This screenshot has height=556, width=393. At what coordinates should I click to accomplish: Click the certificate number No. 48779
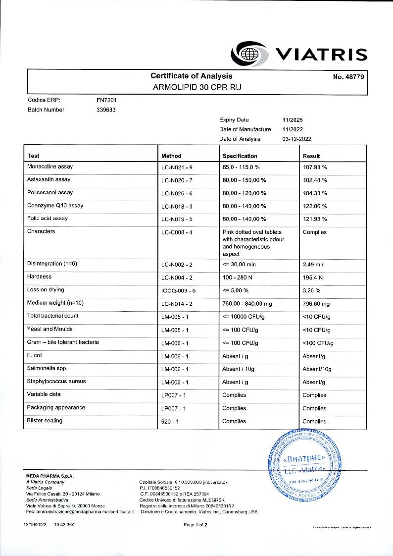click(x=349, y=77)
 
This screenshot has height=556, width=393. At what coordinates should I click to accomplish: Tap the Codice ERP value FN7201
click(x=106, y=100)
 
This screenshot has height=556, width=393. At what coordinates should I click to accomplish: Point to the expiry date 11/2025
click(x=293, y=120)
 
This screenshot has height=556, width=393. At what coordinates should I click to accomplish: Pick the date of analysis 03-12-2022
click(x=297, y=139)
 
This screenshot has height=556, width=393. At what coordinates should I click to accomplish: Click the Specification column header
click(x=240, y=156)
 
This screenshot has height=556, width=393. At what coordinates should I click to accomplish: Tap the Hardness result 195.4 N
click(x=313, y=277)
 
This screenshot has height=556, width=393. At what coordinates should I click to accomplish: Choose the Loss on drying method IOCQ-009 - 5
click(x=179, y=290)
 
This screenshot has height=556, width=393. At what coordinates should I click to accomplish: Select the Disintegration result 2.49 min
click(x=313, y=264)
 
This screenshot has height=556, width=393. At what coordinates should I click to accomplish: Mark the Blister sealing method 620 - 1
click(x=170, y=421)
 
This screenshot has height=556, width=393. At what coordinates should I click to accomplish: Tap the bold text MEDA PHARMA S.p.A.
click(x=49, y=476)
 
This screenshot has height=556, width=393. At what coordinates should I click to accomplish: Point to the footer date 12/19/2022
click(x=35, y=524)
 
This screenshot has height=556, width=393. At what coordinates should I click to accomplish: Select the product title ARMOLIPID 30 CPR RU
click(x=197, y=87)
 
